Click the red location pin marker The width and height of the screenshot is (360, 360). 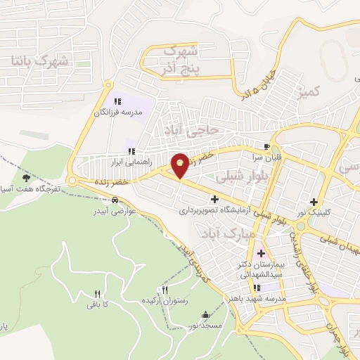point(181,165)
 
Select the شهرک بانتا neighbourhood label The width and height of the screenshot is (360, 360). point(39,61)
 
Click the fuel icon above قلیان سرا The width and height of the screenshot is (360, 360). point(266,148)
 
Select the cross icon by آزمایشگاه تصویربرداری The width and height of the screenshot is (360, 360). point(214,200)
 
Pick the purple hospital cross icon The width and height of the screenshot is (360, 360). point(261,253)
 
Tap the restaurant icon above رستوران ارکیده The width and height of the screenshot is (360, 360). point(165,290)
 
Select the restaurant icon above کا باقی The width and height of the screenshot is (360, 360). point(98,295)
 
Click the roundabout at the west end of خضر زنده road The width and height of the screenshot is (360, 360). point(74,181)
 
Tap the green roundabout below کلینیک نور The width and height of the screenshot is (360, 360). point(302,226)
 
